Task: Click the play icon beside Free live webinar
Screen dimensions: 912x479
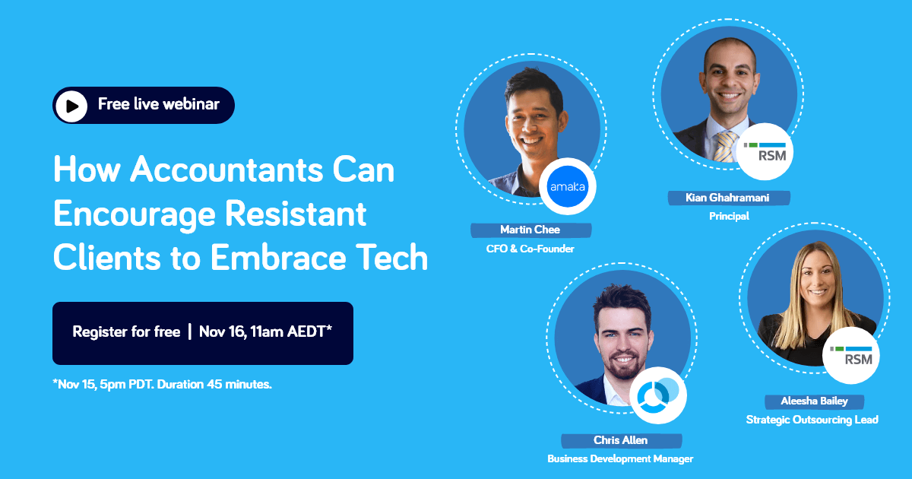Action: pyautogui.click(x=71, y=106)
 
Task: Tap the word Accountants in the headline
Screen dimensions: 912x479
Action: pyautogui.click(x=226, y=169)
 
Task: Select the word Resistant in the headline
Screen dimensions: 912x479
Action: pyautogui.click(x=296, y=213)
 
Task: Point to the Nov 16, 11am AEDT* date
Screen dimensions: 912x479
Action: pyautogui.click(x=265, y=331)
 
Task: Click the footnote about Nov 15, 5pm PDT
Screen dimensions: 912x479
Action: pyautogui.click(x=163, y=384)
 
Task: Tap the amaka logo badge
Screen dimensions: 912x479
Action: pyautogui.click(x=568, y=186)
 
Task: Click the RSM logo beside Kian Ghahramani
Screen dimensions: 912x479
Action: pyautogui.click(x=765, y=151)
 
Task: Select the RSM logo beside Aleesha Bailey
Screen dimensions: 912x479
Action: pyautogui.click(x=851, y=356)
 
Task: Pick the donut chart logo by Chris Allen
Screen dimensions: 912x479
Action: pyautogui.click(x=658, y=395)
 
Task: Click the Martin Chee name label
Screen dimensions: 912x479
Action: pyautogui.click(x=530, y=230)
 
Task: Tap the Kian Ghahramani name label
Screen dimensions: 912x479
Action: pyautogui.click(x=728, y=198)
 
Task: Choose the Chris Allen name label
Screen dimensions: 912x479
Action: pyautogui.click(x=621, y=441)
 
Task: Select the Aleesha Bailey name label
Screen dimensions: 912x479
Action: pyautogui.click(x=814, y=401)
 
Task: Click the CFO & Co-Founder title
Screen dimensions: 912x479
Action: pyautogui.click(x=530, y=249)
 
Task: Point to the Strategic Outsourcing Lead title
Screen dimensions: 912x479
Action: pyautogui.click(x=812, y=420)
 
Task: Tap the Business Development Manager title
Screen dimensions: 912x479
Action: pyautogui.click(x=620, y=459)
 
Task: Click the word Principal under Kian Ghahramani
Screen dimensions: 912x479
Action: pyautogui.click(x=729, y=216)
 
